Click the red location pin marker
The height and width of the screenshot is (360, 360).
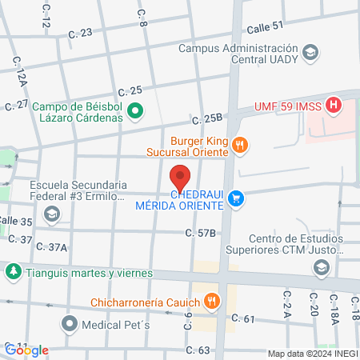coord(181,177)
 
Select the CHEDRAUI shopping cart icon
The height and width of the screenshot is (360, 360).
coord(235,198)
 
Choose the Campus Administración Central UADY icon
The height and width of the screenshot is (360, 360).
coord(310,54)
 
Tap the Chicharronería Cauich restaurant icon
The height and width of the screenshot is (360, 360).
coord(211,301)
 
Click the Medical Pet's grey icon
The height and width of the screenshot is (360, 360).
coord(70,326)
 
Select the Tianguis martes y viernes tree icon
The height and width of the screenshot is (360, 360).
coord(13,272)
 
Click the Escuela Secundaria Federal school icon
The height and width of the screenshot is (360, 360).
coord(52,214)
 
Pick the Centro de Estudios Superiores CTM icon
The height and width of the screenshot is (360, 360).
coord(321,267)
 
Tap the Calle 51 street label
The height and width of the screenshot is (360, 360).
coord(265,26)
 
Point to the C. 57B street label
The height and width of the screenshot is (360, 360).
coord(201,233)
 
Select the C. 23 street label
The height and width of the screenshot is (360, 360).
coord(82,33)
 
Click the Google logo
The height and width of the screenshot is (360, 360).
coord(26,350)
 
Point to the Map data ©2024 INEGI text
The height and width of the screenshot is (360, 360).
coord(313,354)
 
